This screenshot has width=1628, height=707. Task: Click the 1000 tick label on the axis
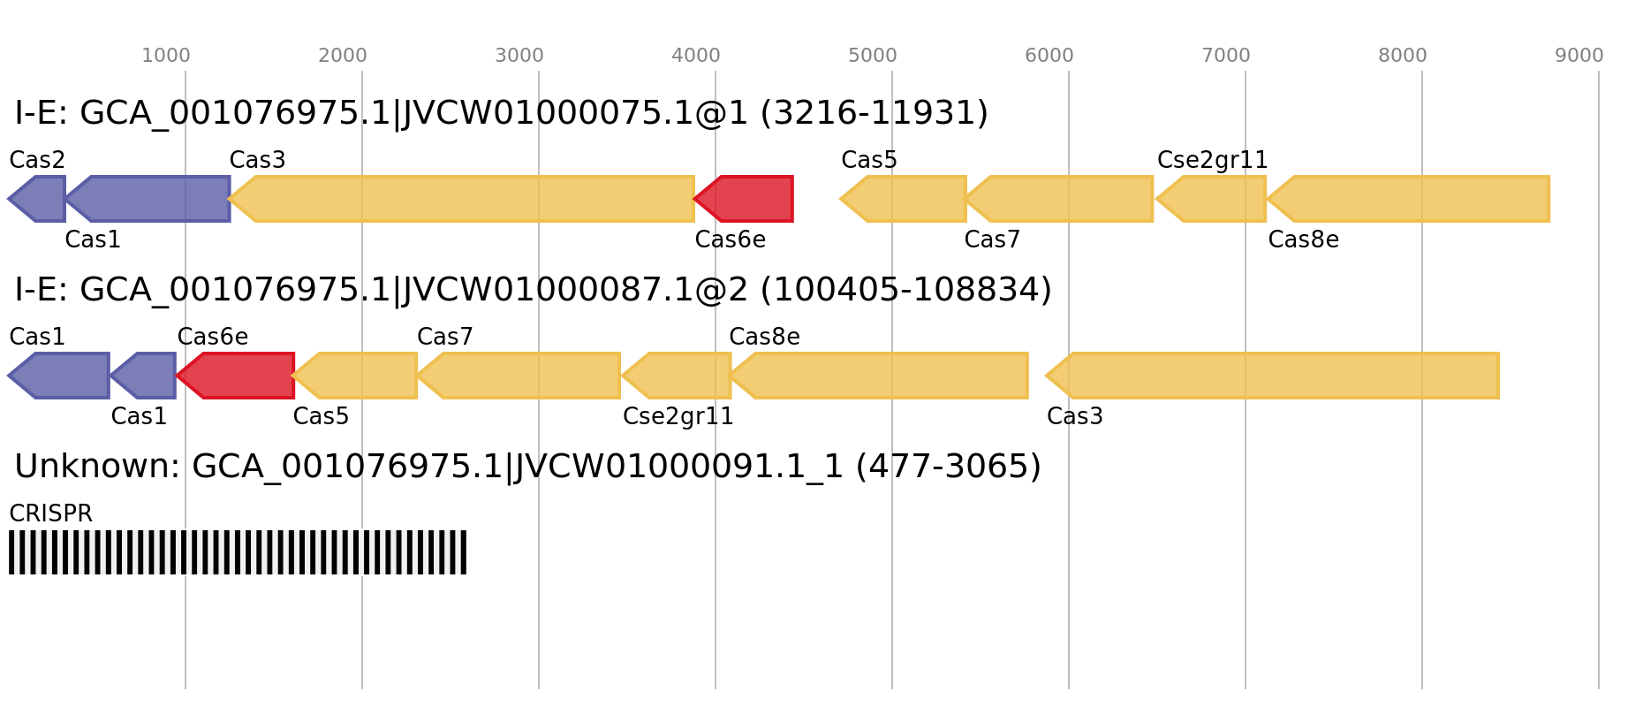(166, 56)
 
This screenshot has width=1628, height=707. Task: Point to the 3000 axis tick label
(519, 56)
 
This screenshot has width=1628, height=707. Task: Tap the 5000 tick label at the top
(873, 56)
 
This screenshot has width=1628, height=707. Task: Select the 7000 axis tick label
(1226, 56)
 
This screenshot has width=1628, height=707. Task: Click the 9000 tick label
(1579, 56)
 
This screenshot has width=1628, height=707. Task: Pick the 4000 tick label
(696, 56)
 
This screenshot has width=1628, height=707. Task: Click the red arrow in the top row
(746, 199)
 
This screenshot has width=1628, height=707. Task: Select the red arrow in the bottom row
(239, 376)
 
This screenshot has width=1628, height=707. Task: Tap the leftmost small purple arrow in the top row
(39, 199)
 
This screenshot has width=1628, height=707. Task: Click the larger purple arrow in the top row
(150, 199)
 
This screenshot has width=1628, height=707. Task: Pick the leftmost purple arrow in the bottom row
(62, 376)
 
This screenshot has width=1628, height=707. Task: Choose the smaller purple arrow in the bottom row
(146, 376)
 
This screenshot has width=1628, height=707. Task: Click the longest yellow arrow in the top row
(464, 199)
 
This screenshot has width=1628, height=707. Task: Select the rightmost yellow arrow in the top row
(1412, 199)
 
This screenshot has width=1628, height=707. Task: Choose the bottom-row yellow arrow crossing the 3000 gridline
(521, 376)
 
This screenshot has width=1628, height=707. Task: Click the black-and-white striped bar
(238, 552)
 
